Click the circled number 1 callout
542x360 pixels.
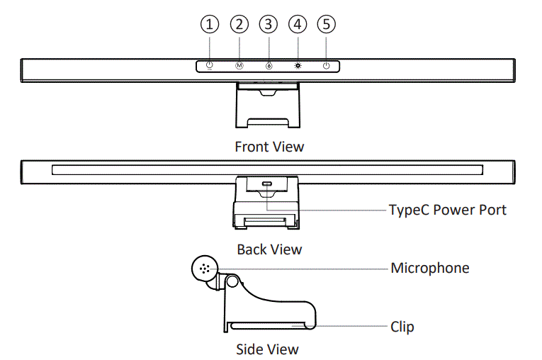click(x=208, y=24)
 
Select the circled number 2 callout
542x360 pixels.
click(x=239, y=24)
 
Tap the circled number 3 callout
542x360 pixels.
click(x=269, y=24)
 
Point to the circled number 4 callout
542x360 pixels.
click(x=298, y=24)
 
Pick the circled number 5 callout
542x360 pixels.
click(x=326, y=24)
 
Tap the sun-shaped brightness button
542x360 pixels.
click(x=298, y=66)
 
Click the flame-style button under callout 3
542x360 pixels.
click(x=269, y=66)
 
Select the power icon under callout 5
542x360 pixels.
click(x=326, y=66)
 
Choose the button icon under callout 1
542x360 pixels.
click(x=209, y=66)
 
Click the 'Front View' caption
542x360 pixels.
click(x=269, y=147)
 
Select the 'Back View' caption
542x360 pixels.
click(x=269, y=249)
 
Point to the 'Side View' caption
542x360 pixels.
click(x=267, y=349)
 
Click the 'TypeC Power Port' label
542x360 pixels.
click(x=448, y=210)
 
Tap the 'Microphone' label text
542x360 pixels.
click(x=430, y=269)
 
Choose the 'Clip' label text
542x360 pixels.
click(x=402, y=327)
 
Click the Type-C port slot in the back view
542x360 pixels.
click(x=267, y=186)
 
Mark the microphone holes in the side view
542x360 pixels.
click(x=205, y=269)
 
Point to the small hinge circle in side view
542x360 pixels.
click(x=230, y=283)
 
